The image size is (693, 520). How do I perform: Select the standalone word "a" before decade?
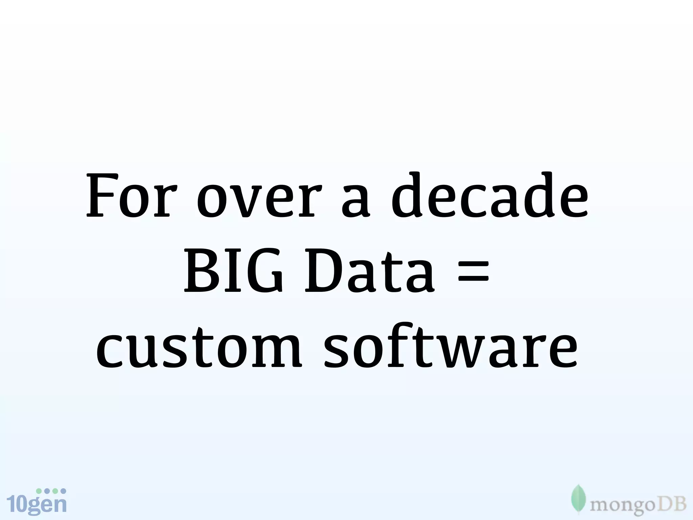(355, 202)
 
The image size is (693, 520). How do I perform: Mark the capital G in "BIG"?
(264, 270)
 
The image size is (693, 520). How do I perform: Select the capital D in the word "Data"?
(321, 270)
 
